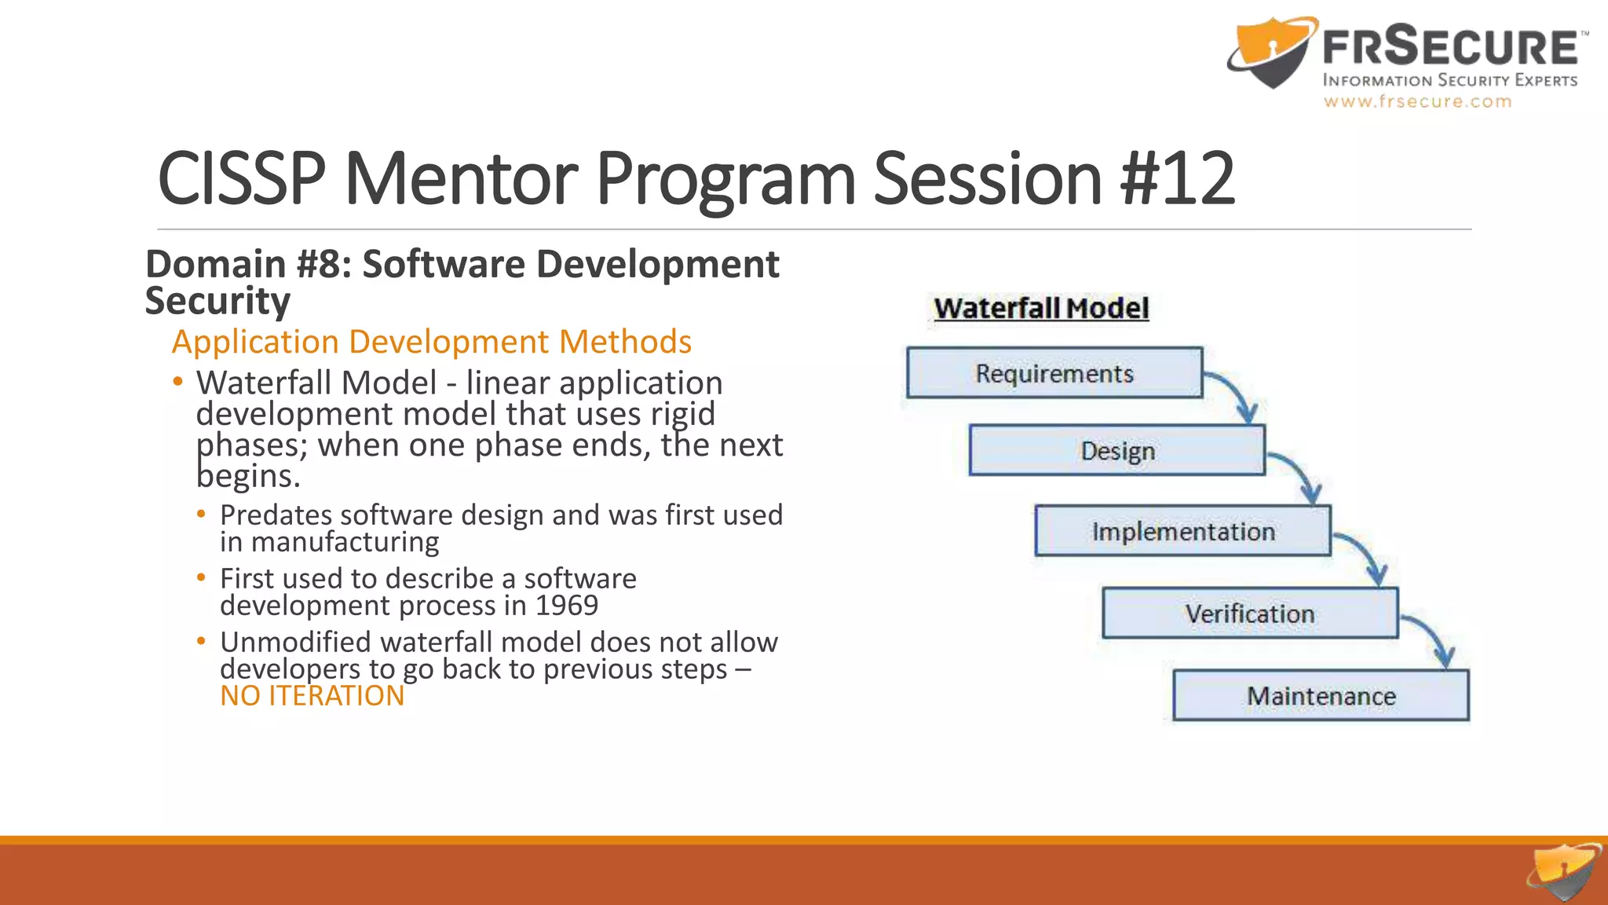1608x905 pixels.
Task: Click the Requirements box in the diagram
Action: (1054, 373)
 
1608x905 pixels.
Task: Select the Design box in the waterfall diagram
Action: (1117, 451)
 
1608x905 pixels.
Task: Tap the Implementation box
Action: (1182, 532)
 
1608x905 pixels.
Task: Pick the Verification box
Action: (1250, 614)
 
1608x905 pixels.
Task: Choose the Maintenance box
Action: (1321, 696)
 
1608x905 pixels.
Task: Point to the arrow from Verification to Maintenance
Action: (1434, 637)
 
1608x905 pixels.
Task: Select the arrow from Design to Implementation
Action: (1300, 473)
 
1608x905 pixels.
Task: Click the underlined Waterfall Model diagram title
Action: (1041, 309)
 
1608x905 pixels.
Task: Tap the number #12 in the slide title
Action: (1178, 179)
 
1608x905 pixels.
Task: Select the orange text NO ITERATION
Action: (312, 696)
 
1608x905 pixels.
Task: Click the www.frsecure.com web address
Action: (1417, 101)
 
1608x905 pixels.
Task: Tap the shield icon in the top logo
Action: (1270, 53)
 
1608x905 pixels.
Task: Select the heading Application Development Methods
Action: (431, 342)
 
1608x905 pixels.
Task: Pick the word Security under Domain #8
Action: (217, 301)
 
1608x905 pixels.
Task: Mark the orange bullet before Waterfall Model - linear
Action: (178, 383)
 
